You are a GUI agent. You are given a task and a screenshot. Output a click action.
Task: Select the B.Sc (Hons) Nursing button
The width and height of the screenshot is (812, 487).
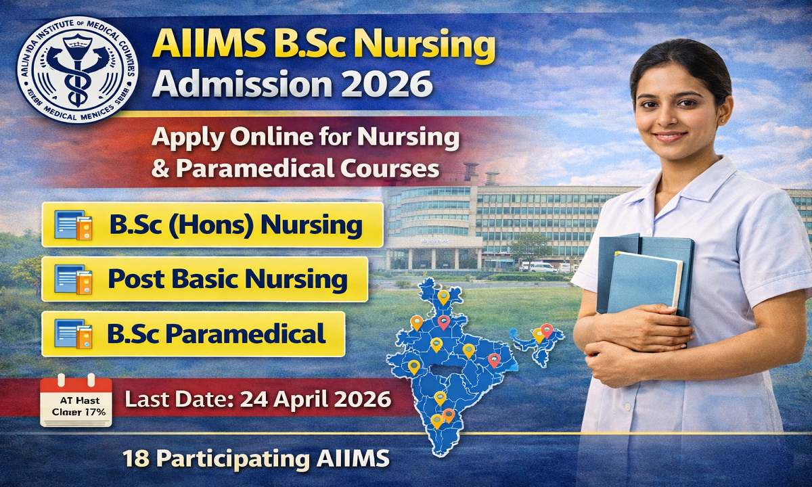click(x=212, y=225)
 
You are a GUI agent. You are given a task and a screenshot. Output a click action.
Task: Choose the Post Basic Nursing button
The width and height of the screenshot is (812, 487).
click(x=204, y=279)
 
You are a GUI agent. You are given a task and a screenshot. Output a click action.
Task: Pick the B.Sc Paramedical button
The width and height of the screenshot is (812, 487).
click(x=193, y=333)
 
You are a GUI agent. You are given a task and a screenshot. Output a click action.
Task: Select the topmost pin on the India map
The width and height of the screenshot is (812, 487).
click(x=443, y=296)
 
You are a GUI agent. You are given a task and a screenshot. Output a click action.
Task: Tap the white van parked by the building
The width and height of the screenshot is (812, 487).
click(x=539, y=266)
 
